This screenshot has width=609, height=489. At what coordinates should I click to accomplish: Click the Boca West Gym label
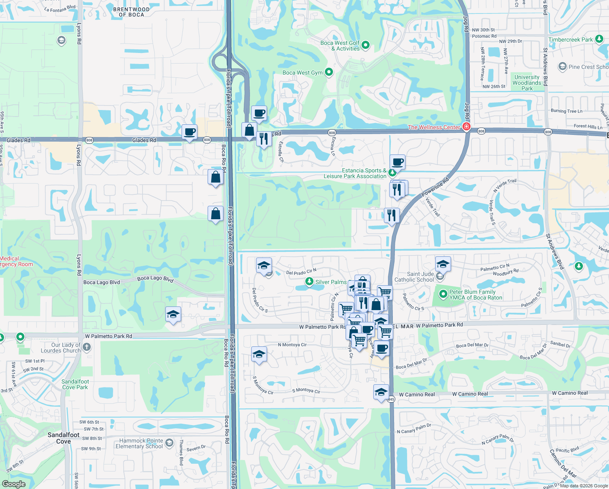302,73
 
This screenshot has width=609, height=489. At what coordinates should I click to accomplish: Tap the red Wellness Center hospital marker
467,127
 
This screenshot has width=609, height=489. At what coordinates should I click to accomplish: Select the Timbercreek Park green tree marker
599,39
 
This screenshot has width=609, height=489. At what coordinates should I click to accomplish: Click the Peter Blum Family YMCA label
475,295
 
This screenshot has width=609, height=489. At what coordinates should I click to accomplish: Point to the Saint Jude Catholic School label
414,277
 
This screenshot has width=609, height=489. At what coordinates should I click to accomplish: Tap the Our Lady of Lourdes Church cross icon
86,347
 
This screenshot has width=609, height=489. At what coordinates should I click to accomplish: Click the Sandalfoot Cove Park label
75,384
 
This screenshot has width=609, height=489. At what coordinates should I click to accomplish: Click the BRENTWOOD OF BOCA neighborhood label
131,12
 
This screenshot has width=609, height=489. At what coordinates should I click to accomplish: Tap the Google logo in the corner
13,484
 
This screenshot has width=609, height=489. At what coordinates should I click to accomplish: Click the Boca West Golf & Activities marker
366,45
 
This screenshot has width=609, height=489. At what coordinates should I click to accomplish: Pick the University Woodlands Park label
527,83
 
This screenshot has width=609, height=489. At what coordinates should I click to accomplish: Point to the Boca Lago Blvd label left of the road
101,282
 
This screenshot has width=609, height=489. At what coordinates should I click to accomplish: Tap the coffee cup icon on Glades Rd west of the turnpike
189,132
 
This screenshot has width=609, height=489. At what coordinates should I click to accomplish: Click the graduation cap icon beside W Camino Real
381,392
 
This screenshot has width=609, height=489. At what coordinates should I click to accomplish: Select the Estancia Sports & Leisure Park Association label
355,173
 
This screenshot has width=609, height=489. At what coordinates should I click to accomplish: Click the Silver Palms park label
331,282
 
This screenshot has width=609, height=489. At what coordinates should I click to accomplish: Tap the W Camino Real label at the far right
570,393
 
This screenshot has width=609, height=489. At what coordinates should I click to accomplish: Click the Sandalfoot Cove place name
64,438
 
